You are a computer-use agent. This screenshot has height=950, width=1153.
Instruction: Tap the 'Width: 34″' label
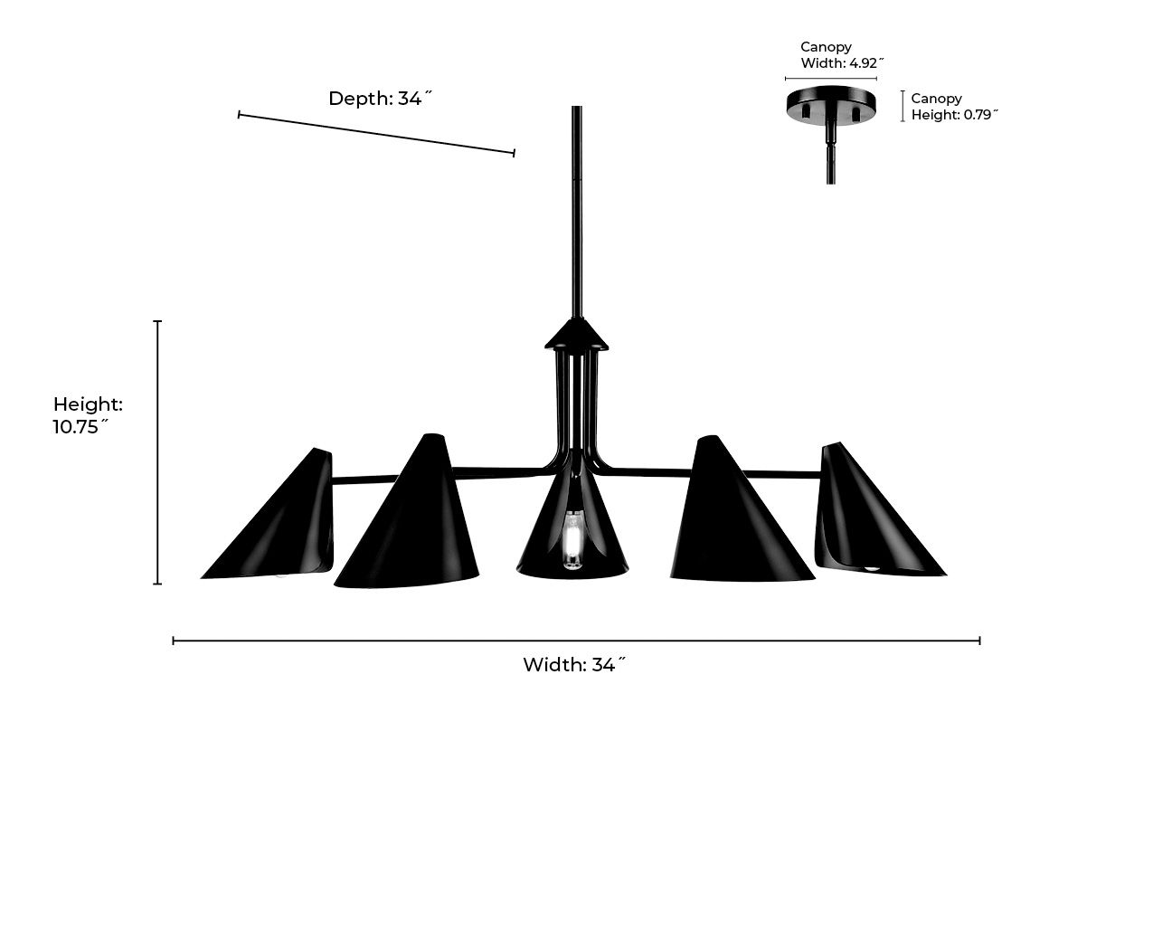(x=574, y=665)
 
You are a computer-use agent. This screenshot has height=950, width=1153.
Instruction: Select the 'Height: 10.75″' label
(x=88, y=415)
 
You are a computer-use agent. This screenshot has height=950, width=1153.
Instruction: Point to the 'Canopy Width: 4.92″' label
(x=841, y=55)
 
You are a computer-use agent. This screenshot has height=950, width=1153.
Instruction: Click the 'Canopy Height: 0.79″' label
(x=954, y=107)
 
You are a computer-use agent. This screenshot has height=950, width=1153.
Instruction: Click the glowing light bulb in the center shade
(x=572, y=540)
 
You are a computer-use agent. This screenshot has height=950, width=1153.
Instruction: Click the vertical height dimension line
(x=158, y=452)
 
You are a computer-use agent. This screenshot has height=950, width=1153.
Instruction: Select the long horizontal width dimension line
(x=576, y=641)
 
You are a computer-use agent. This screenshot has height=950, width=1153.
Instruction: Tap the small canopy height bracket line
(x=903, y=106)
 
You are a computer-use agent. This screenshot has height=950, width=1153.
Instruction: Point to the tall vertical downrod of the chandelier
(x=576, y=213)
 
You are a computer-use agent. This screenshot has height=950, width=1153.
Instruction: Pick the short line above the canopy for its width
(x=831, y=79)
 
